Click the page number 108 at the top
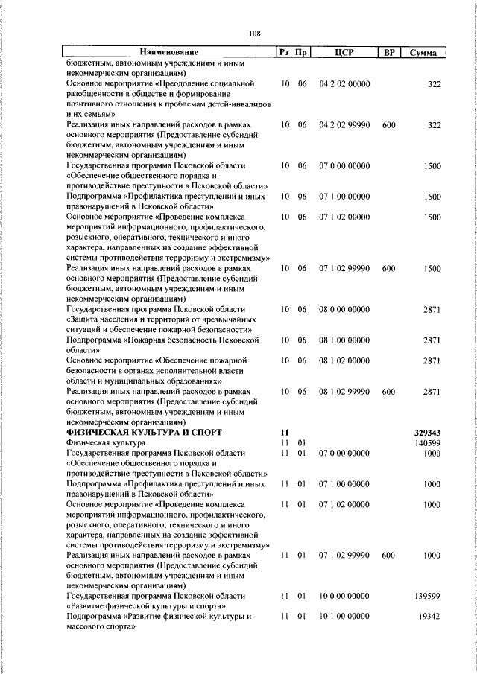254,34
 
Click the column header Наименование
169,53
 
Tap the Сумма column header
423,53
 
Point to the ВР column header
388,53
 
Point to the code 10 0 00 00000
344,597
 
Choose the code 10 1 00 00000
344,617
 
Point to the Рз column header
284,53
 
